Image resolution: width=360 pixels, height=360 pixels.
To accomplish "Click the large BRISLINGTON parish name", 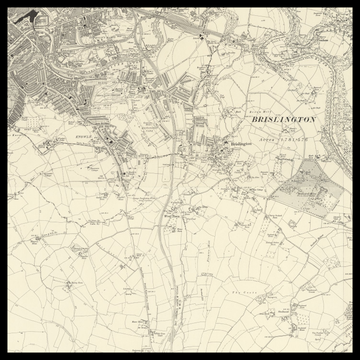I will click(279, 119).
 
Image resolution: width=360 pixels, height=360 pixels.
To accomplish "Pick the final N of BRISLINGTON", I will click(312, 119).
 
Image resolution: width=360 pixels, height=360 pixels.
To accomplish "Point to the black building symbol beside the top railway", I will click(201, 36).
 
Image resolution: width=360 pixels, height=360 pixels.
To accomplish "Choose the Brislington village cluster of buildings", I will click(220, 155).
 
